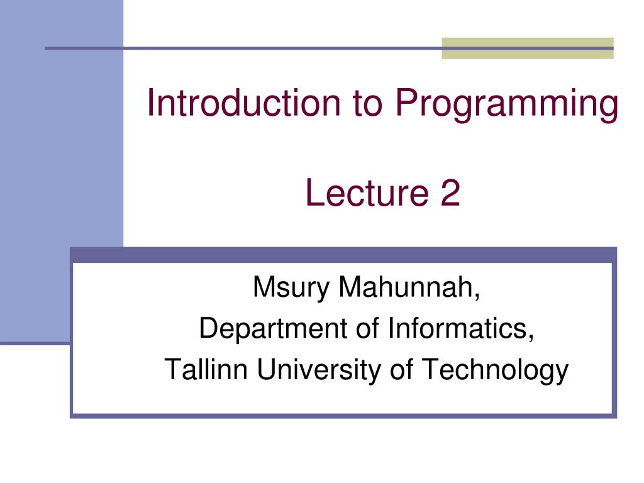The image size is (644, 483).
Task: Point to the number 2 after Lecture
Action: pyautogui.click(x=450, y=194)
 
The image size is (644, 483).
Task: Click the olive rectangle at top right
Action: pyautogui.click(x=527, y=48)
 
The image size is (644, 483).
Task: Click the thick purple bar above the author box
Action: pyautogui.click(x=343, y=255)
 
